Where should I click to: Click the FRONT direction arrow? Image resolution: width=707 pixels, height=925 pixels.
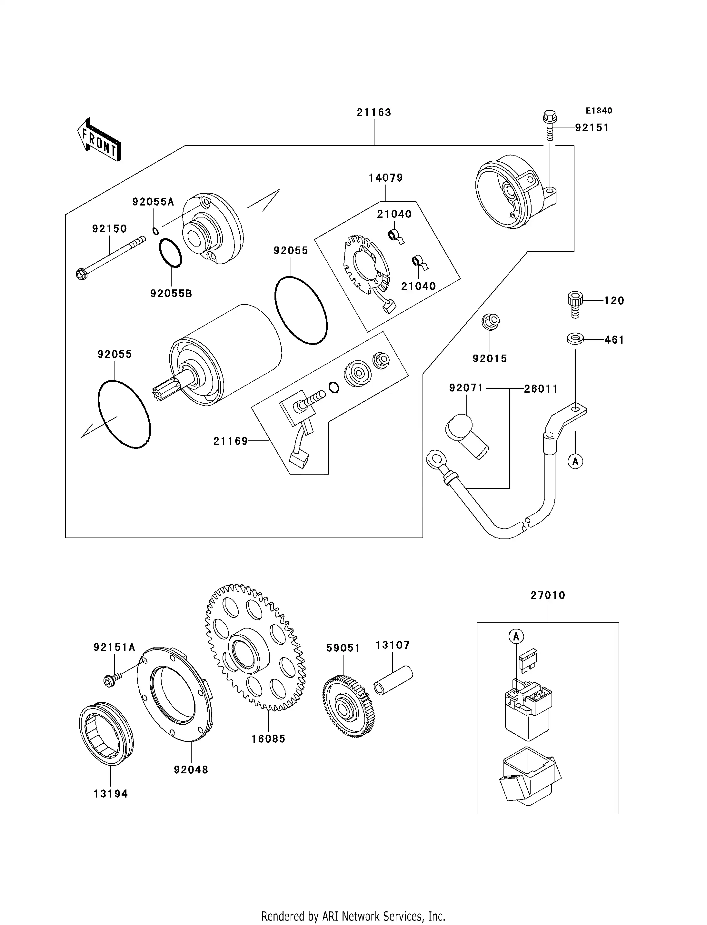pos(99,140)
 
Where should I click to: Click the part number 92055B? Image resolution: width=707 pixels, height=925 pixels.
pos(171,294)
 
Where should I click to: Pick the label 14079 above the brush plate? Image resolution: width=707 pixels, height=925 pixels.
pos(385,178)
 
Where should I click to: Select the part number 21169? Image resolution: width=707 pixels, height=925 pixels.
pos(230,441)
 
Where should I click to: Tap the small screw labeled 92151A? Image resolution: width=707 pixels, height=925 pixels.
pos(112,679)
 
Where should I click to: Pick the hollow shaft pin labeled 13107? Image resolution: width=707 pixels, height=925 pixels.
pos(393,679)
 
